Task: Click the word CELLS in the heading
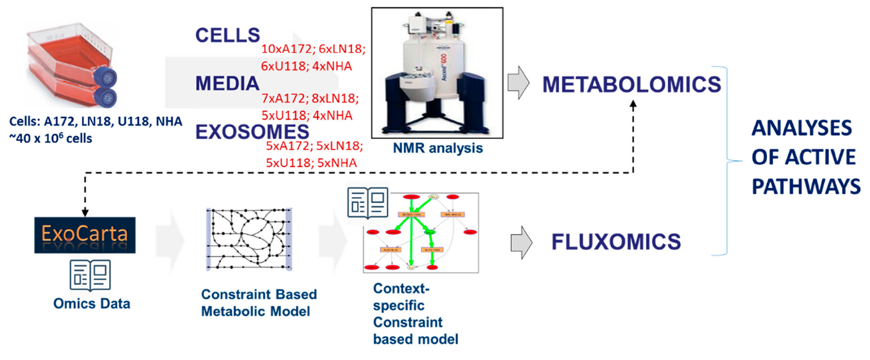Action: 227,35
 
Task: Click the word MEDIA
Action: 227,84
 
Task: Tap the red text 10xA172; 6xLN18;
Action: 313,49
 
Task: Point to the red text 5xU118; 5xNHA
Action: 311,163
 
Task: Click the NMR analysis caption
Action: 437,148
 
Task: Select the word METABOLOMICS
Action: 631,85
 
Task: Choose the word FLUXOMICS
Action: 616,242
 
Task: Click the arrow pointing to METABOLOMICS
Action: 518,83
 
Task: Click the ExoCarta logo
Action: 85,235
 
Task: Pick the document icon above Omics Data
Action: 90,275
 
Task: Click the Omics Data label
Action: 92,304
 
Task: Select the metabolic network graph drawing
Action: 249,239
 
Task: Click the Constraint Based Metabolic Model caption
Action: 258,303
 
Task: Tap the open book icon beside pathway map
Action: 368,202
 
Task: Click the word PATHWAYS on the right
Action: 806,187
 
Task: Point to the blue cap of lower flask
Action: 106,98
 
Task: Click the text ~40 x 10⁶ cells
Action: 50,139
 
